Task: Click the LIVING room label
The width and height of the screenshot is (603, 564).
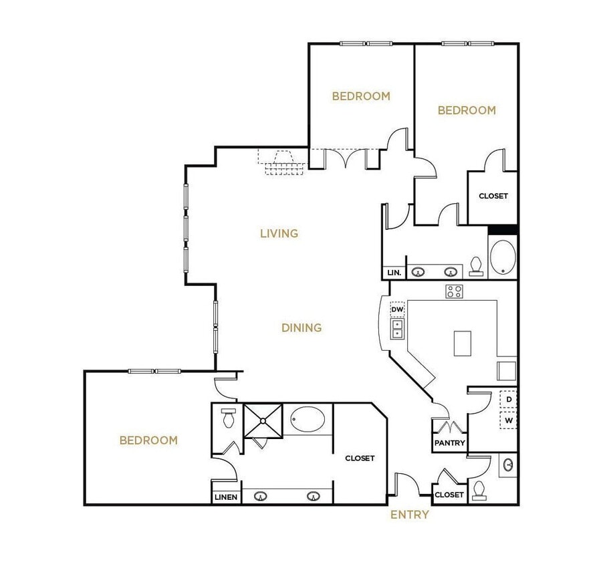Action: click(x=279, y=233)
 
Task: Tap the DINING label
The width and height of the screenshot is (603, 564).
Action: click(x=301, y=327)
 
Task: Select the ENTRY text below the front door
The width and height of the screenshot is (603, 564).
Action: click(x=410, y=515)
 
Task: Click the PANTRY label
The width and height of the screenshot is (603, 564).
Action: click(x=449, y=443)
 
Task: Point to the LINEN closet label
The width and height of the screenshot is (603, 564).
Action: click(x=225, y=497)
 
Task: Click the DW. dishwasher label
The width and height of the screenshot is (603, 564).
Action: click(x=397, y=310)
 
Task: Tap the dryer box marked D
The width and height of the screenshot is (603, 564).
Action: click(x=509, y=400)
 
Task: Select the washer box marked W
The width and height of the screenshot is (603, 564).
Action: click(x=509, y=421)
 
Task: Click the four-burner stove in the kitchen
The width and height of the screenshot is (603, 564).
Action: click(x=455, y=291)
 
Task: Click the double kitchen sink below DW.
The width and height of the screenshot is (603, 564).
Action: click(x=397, y=328)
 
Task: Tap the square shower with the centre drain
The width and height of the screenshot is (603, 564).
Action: click(x=264, y=420)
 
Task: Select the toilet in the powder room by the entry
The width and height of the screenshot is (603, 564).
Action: click(x=479, y=490)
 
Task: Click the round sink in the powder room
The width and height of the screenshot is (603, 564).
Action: click(x=509, y=464)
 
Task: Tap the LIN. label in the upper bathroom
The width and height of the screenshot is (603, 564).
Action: click(x=394, y=273)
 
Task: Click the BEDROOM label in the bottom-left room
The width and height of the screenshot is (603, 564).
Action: click(x=148, y=440)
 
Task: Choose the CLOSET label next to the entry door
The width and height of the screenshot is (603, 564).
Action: click(x=449, y=495)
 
